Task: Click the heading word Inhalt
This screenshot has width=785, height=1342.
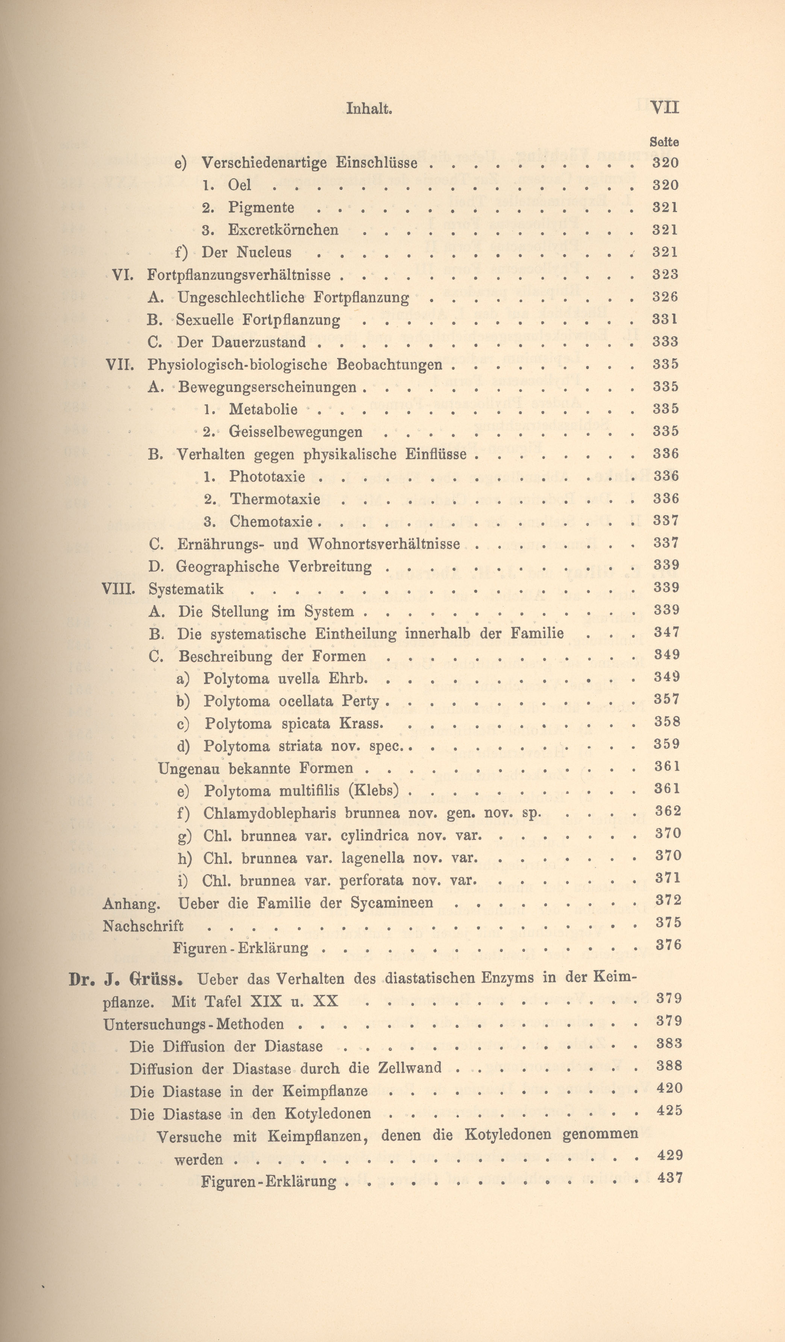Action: pos(369,109)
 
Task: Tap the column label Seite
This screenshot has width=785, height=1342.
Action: pos(664,142)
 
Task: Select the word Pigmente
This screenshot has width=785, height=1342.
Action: pos(261,207)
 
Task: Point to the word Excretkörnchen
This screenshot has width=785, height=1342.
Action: pos(283,230)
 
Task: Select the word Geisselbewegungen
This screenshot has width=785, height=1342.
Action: pos(296,432)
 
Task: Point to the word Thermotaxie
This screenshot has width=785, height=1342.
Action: pos(275,499)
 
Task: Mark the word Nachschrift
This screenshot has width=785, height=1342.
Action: pos(143,926)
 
